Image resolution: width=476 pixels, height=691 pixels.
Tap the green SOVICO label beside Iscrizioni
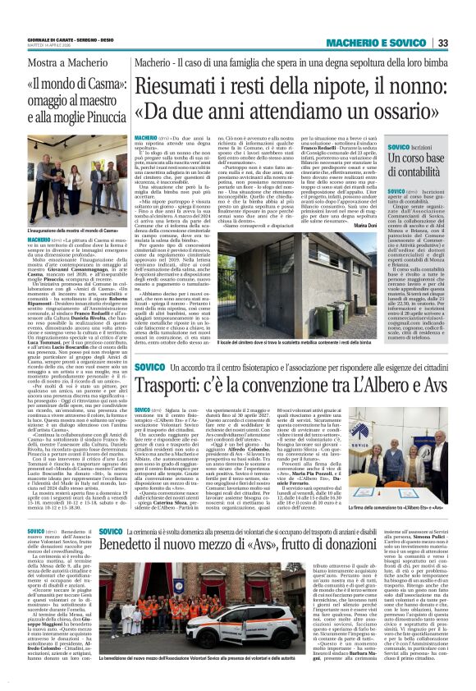(x=400, y=146)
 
